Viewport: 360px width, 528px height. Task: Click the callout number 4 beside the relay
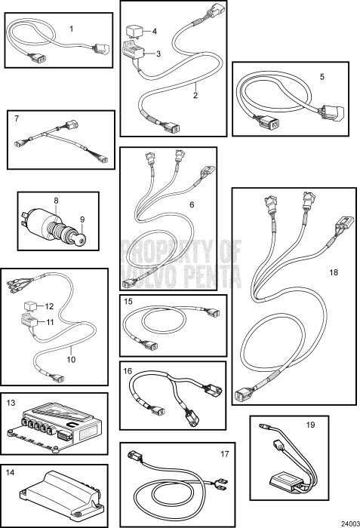click(155, 32)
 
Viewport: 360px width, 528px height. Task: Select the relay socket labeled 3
click(134, 51)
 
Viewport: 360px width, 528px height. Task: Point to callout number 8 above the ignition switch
click(56, 201)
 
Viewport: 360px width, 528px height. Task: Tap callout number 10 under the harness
click(71, 360)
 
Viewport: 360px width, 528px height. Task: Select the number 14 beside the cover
click(10, 472)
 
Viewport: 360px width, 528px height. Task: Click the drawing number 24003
click(350, 524)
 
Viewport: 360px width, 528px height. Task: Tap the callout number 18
click(334, 272)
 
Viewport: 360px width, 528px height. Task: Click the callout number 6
click(192, 204)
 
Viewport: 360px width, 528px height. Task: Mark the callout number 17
click(224, 454)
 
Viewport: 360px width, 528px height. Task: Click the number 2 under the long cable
click(195, 95)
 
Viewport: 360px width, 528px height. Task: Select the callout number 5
click(322, 77)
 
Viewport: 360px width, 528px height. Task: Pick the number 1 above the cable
click(71, 29)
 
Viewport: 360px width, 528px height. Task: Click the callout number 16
click(128, 371)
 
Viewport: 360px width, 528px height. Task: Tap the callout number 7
click(17, 118)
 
